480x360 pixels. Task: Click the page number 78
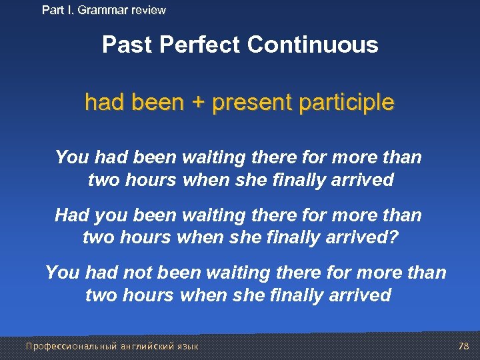(x=464, y=346)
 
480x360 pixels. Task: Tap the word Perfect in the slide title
(x=202, y=45)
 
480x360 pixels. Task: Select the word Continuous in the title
(x=313, y=45)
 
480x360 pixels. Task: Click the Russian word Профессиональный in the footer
(x=71, y=346)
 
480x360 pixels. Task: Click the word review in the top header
(x=149, y=10)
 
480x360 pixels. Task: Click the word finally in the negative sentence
(x=297, y=295)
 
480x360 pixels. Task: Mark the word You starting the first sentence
(x=72, y=157)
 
